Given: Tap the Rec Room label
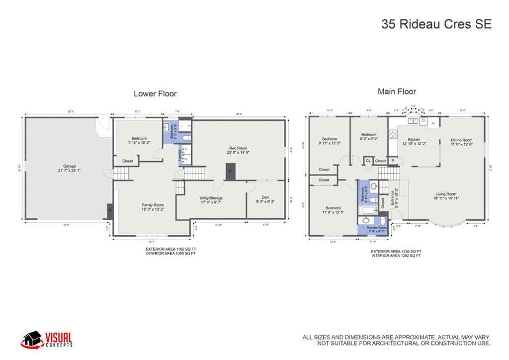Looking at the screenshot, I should coord(238,148).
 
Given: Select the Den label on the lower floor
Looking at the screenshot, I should coord(266,198).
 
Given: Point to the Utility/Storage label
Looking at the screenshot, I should coord(211,198).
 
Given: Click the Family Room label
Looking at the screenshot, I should coord(153,205).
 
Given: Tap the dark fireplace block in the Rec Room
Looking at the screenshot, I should coord(230,172).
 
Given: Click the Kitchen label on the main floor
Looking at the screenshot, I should coord(415,140).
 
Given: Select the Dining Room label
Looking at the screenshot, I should coord(461,140).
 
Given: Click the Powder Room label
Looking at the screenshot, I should coord(376,228).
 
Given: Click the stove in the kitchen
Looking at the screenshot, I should coord(393,133).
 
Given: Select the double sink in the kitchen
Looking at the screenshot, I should coord(412,120).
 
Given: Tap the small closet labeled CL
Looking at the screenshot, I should coord(368,161).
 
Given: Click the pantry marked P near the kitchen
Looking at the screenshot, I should coord(392,161).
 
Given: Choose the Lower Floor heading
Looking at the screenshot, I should coord(155,93).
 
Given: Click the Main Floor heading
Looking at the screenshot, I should coord(397,91).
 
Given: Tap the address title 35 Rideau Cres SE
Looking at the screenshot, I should coord(436,24).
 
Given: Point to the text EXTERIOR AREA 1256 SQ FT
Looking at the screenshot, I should coord(396,252).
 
